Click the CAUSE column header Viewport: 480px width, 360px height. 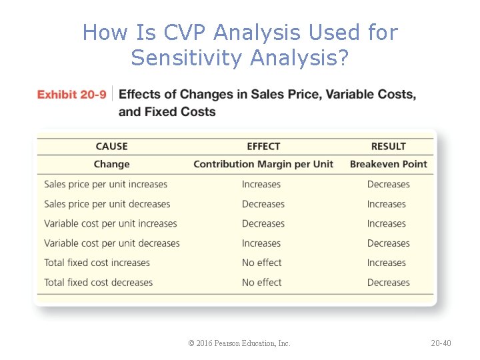pos(111,146)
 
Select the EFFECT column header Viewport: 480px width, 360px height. pos(263,146)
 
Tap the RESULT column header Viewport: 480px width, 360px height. pos(388,146)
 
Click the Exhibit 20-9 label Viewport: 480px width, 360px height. pos(71,95)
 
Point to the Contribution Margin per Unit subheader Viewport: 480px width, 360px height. pos(263,164)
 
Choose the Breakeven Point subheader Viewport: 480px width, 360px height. pos(388,164)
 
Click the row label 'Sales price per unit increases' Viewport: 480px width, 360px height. pos(105,184)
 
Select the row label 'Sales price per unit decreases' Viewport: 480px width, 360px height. pos(107,204)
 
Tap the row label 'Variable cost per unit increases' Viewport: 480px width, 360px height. pos(111,223)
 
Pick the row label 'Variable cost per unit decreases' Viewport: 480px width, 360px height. pos(112,243)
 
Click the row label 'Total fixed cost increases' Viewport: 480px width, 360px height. pos(97,263)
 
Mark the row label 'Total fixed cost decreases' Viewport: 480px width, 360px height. pos(98,282)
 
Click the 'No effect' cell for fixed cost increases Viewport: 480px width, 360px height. pos(261,263)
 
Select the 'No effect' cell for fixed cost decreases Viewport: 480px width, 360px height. pos(261,282)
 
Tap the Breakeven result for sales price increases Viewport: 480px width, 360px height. pos(388,184)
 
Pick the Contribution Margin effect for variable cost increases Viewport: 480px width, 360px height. pos(263,223)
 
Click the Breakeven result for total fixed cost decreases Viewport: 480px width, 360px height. pos(388,282)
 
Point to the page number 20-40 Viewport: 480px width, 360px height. pos(441,343)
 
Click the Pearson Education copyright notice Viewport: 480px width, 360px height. pos(239,343)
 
